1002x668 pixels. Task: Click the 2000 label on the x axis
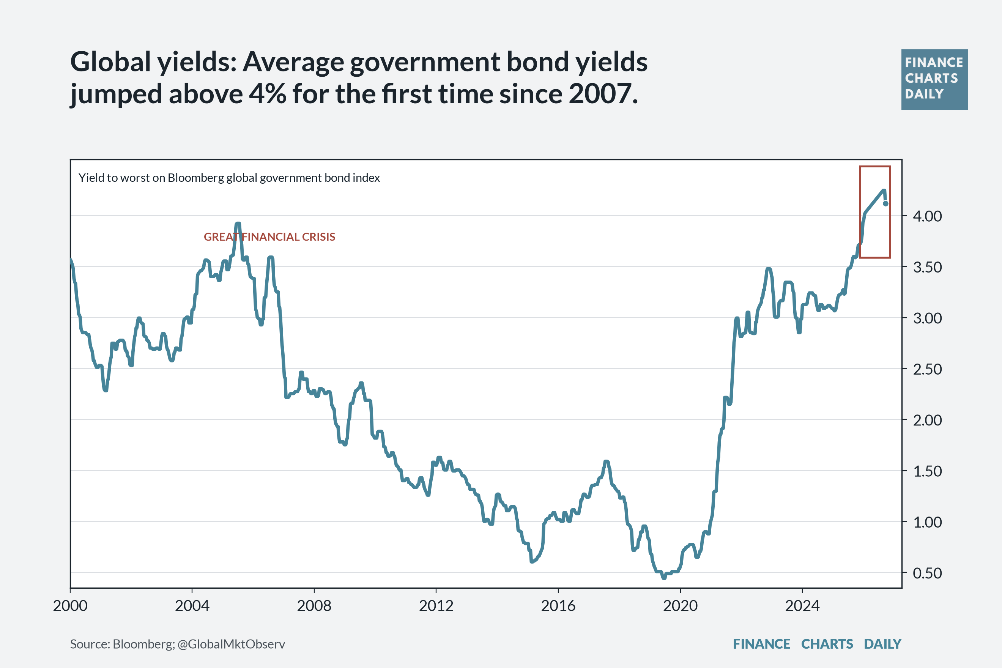[70, 605]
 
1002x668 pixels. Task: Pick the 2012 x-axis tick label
[436, 605]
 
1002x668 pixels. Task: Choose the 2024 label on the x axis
[802, 605]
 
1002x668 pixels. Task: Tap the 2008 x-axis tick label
[314, 605]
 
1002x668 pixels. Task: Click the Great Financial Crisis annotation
[269, 237]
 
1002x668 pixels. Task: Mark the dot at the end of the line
[886, 204]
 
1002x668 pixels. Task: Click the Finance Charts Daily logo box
[934, 80]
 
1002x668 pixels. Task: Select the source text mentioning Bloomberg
[177, 644]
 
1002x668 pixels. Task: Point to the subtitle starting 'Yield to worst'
[229, 178]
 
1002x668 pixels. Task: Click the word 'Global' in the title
[111, 62]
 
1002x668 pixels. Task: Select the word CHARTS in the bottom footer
[827, 644]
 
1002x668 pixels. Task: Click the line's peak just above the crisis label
[238, 223]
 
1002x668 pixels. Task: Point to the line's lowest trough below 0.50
[664, 578]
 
